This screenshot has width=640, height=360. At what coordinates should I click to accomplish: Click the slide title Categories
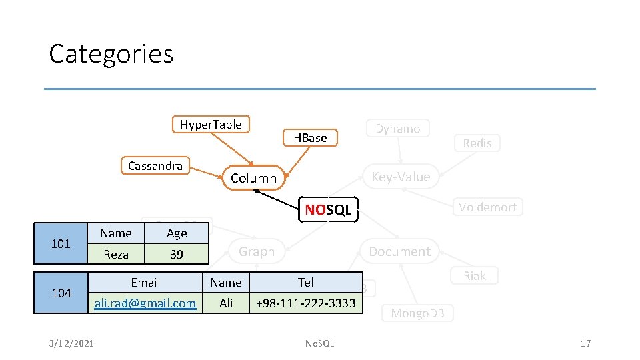click(x=111, y=53)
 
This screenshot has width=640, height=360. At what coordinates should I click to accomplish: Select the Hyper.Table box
click(x=211, y=125)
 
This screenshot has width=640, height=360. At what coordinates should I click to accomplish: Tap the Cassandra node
click(x=155, y=166)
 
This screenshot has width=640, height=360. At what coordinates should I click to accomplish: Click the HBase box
click(x=311, y=138)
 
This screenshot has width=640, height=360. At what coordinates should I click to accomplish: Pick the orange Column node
click(x=253, y=178)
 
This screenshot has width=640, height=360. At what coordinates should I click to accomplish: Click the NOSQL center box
click(x=328, y=210)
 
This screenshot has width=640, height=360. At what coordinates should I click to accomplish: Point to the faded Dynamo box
click(x=397, y=129)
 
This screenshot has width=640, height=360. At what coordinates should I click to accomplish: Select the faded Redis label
click(x=477, y=143)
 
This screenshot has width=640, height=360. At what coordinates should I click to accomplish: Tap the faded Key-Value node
click(x=401, y=177)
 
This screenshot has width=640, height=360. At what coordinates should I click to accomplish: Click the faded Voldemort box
click(x=487, y=207)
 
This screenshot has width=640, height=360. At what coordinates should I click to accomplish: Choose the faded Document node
click(x=400, y=251)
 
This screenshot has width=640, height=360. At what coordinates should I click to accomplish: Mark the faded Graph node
click(x=257, y=251)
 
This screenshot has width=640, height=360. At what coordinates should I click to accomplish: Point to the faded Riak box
click(x=475, y=276)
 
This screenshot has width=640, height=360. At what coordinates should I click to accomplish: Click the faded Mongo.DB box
click(x=417, y=313)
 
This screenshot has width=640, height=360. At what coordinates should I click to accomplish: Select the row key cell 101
click(x=61, y=243)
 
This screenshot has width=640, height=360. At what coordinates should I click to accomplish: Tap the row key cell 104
click(x=61, y=293)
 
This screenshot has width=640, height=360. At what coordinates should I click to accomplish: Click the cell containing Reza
click(x=116, y=254)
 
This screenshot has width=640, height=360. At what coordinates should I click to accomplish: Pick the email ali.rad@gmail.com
click(x=145, y=303)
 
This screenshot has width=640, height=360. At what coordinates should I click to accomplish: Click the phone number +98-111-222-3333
click(x=305, y=303)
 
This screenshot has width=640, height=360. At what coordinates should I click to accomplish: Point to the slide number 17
click(x=585, y=343)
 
